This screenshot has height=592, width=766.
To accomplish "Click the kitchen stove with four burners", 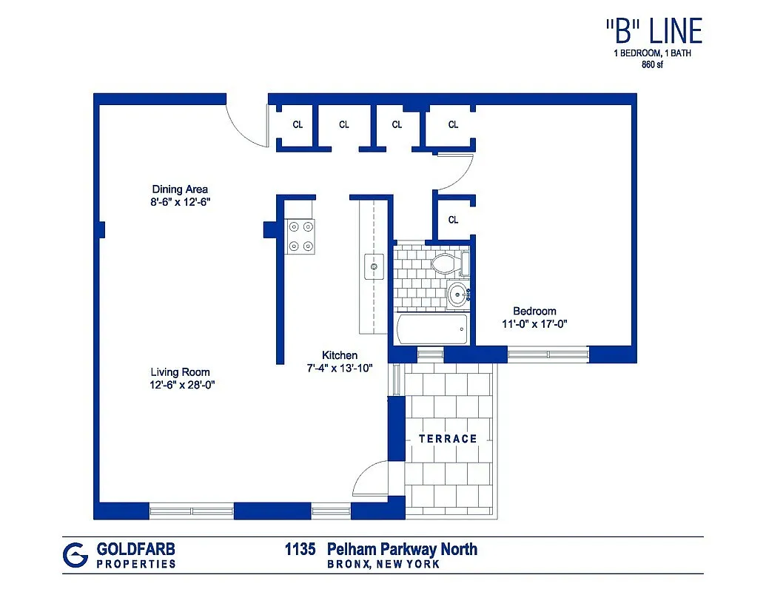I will pos(300,237).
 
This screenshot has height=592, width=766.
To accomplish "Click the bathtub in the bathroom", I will pos(431,329).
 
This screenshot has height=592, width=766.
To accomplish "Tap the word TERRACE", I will pos(448,439).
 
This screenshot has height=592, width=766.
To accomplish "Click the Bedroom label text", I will pos(534,311).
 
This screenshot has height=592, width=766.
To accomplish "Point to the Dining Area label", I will pos(180,189).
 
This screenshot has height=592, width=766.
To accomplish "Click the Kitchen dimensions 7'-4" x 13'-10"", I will pos(340,368).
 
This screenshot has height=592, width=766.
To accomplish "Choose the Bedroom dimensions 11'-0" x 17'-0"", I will pos(534,323).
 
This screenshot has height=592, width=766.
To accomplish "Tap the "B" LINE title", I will pos(653,32).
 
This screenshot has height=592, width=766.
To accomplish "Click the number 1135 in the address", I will pos(300,549).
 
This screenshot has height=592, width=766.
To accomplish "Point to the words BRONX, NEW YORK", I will pos(383,564).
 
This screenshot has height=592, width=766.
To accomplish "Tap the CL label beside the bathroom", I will pos(453,220).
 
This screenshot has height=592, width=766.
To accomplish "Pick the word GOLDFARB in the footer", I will pos(136,549).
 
